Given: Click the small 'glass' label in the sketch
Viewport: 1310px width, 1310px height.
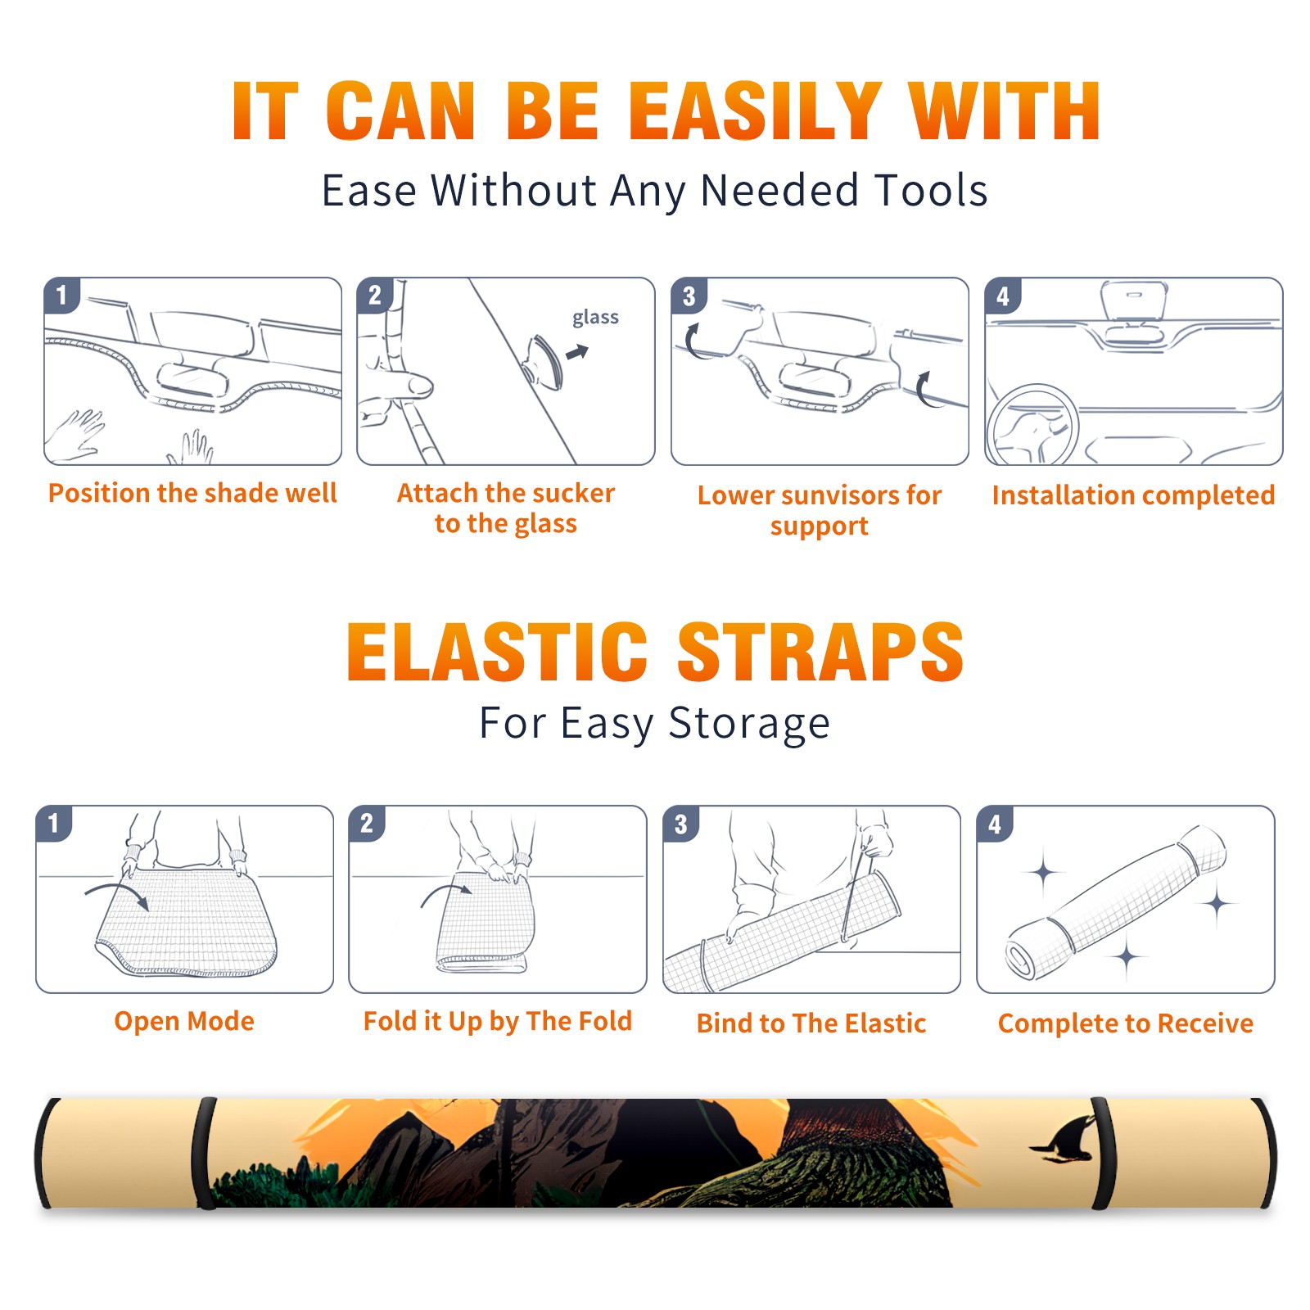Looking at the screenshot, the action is [x=595, y=318].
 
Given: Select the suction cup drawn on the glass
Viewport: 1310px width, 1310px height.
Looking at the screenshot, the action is [x=543, y=362].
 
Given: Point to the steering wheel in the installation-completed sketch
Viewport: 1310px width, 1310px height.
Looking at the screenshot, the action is [x=1032, y=425].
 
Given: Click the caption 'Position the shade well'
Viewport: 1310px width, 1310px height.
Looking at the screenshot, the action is [x=192, y=493].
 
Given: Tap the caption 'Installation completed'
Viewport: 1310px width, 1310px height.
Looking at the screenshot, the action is [x=1133, y=495].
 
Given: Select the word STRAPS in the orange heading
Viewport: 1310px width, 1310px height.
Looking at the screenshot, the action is [x=820, y=652].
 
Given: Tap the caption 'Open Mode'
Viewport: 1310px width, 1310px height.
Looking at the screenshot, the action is [x=184, y=1021].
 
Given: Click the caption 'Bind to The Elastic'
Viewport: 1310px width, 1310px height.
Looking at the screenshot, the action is [x=811, y=1023].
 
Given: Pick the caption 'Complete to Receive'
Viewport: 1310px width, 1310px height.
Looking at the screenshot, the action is [x=1126, y=1023].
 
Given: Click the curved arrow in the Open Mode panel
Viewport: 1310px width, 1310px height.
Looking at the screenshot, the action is [x=115, y=888].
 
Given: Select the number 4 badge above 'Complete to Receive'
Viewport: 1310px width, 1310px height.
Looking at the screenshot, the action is [x=995, y=824].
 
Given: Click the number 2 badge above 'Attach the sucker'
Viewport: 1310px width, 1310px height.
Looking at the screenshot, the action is [x=375, y=295].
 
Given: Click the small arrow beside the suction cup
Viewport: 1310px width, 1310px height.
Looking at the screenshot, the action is [x=577, y=352].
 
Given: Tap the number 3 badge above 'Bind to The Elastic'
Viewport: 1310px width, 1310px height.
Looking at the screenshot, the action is [x=681, y=824].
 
